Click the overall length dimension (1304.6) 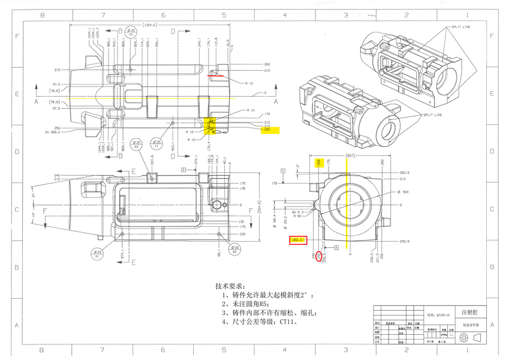pos(148,25)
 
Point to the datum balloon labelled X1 pos(98,254)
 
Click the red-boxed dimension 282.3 pos(298,240)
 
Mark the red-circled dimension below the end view pos(318,256)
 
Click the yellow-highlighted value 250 pos(267,130)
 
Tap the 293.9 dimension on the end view pos(403,242)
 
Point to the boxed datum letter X pos(336,247)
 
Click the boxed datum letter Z pos(184,170)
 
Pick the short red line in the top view pos(215,76)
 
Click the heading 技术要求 pos(230,286)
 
